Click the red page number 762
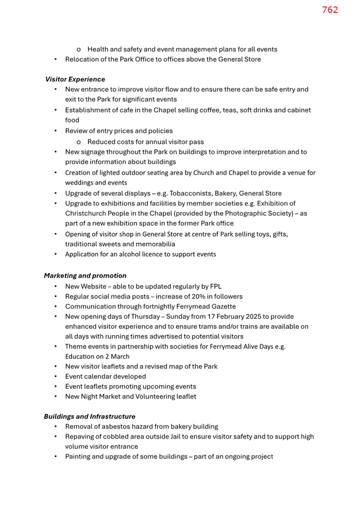coord(330,10)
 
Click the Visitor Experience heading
coord(75,79)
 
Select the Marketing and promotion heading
coord(85,276)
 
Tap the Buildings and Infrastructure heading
coord(90,416)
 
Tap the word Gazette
coord(221,306)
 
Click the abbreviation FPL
coord(214,286)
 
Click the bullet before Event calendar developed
coord(56,376)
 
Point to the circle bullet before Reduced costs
coord(78,142)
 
